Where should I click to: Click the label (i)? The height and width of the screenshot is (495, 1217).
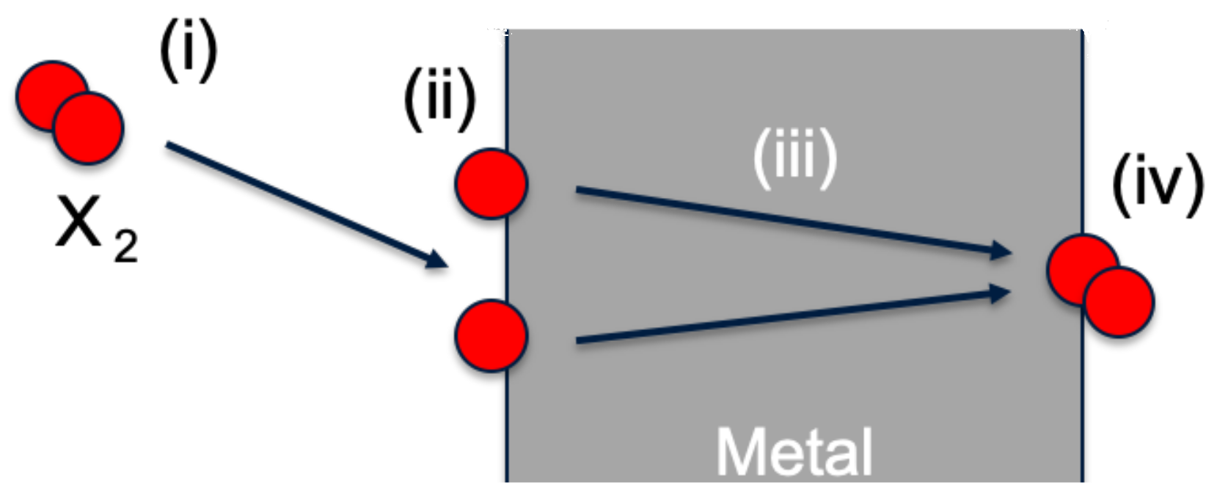[x=189, y=51]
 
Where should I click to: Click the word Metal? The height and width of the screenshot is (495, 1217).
[x=794, y=452]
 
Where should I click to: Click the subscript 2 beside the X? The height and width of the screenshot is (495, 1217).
[x=125, y=246]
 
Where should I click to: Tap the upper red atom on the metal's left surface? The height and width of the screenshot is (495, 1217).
[x=491, y=183]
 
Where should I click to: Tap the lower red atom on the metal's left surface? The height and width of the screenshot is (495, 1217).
[x=491, y=335]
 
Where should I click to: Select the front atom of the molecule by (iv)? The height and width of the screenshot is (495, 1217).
[x=1118, y=302]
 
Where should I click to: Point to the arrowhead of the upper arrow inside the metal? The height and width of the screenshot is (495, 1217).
[x=1001, y=250]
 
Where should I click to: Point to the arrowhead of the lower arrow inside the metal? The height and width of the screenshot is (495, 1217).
[x=1001, y=293]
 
